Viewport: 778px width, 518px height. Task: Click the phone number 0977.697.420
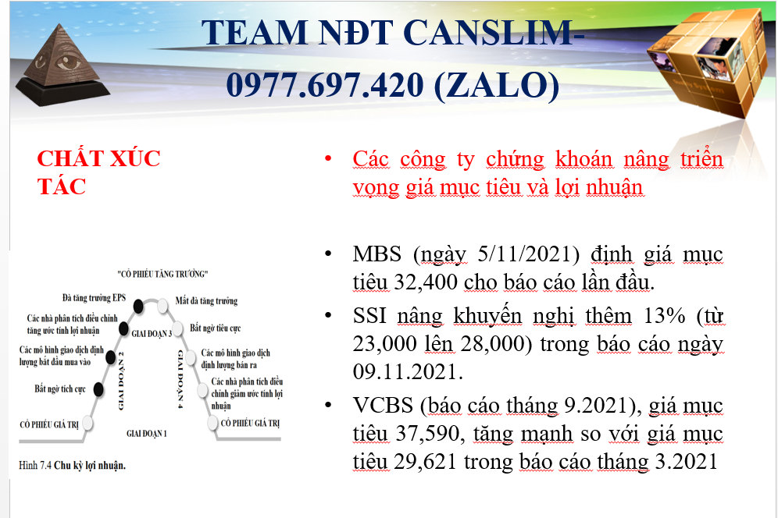click(325, 84)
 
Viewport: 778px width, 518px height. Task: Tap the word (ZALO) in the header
click(497, 85)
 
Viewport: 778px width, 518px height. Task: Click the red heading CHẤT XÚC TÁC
click(98, 172)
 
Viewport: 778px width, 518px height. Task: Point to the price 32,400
click(426, 282)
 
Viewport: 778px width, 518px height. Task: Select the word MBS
click(377, 254)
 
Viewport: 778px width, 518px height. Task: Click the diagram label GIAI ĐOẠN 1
click(146, 434)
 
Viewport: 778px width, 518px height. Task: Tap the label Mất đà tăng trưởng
click(206, 301)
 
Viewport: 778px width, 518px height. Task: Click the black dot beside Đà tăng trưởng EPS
click(138, 307)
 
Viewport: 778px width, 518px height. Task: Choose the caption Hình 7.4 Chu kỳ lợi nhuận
click(73, 466)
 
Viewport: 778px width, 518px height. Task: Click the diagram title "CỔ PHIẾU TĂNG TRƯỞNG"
click(162, 274)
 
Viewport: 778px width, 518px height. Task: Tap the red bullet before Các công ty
click(328, 159)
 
